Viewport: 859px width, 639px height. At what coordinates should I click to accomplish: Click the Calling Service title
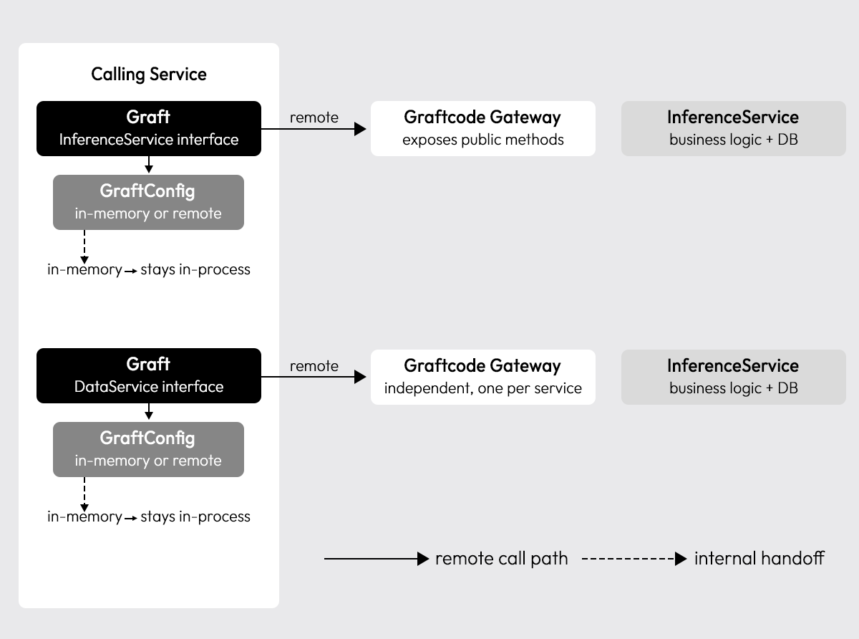(x=149, y=74)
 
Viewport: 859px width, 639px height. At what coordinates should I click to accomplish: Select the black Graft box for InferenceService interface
(x=149, y=129)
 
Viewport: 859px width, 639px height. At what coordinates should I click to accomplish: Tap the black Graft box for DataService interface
(x=149, y=375)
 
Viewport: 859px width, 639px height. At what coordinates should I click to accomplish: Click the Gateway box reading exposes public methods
(x=483, y=129)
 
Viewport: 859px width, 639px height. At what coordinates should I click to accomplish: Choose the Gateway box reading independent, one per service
(x=483, y=378)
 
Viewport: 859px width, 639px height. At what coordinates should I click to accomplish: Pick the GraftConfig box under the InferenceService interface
(x=148, y=203)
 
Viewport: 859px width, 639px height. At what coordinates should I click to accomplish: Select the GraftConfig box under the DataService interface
(x=148, y=449)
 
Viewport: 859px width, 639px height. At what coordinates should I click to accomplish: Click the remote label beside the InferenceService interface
(x=314, y=117)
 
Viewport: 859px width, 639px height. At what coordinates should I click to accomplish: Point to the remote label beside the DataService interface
(x=314, y=366)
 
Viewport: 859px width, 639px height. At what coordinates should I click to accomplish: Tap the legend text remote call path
(x=502, y=559)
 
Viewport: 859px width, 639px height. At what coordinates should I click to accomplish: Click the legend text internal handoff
(x=759, y=559)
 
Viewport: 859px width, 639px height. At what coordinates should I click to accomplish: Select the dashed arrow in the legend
(x=634, y=559)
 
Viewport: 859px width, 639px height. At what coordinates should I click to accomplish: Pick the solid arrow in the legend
(x=377, y=559)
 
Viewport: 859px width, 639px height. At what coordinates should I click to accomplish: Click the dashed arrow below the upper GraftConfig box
(x=84, y=247)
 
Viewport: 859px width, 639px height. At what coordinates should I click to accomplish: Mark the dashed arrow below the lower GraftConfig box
(x=84, y=494)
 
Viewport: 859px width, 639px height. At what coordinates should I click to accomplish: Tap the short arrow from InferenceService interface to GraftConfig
(x=149, y=164)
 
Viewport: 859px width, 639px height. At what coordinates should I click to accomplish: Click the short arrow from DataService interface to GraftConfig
(x=149, y=411)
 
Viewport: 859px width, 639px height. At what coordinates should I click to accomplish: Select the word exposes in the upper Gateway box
(x=430, y=140)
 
